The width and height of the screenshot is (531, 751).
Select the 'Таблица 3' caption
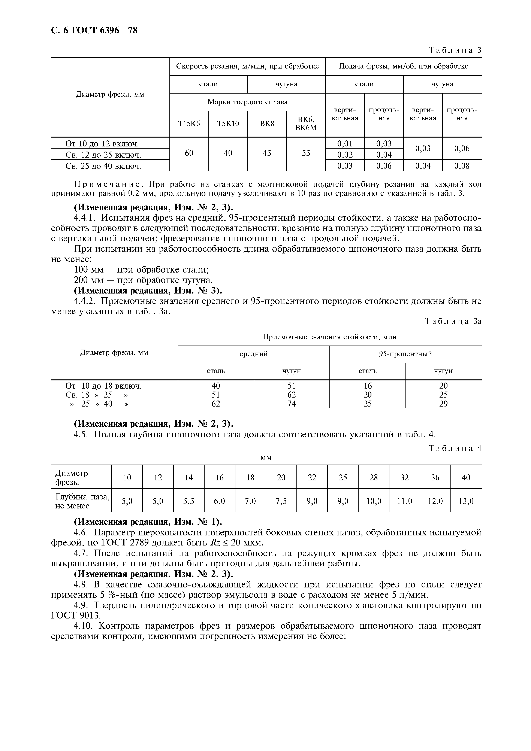click(x=455, y=50)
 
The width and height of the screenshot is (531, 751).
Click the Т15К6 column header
click(x=189, y=124)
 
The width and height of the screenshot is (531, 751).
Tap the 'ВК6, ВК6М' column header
click(x=306, y=124)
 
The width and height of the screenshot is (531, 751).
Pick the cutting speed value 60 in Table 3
click(x=189, y=153)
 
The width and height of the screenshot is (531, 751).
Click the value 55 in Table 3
click(x=306, y=153)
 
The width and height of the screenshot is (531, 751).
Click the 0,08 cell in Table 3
click(x=462, y=166)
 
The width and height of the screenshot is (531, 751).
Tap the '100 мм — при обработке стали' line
click(x=141, y=270)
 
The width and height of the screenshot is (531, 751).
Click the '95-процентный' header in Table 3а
click(x=405, y=354)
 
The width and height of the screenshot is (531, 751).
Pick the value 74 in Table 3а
click(x=292, y=404)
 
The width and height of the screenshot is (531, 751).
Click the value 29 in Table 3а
click(x=443, y=404)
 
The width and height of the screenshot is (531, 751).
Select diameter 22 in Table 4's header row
click(x=312, y=478)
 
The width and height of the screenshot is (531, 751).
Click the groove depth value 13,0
click(x=466, y=501)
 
